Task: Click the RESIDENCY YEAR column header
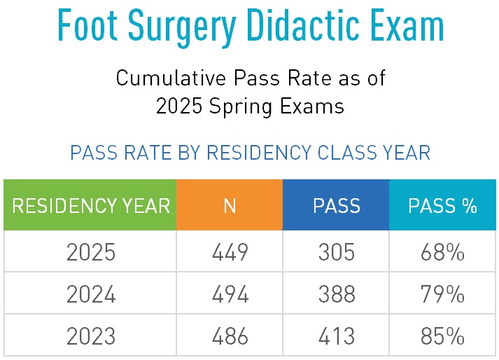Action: [91, 205]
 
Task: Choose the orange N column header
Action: [230, 205]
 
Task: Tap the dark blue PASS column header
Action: [336, 205]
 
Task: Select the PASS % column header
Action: [442, 205]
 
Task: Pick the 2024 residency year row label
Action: [91, 295]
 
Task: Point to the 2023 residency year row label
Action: [91, 336]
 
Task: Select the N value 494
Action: [230, 295]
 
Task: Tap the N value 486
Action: [230, 336]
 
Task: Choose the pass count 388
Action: [336, 295]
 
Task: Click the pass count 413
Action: [336, 336]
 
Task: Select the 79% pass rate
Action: [442, 295]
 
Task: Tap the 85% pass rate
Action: [442, 336]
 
